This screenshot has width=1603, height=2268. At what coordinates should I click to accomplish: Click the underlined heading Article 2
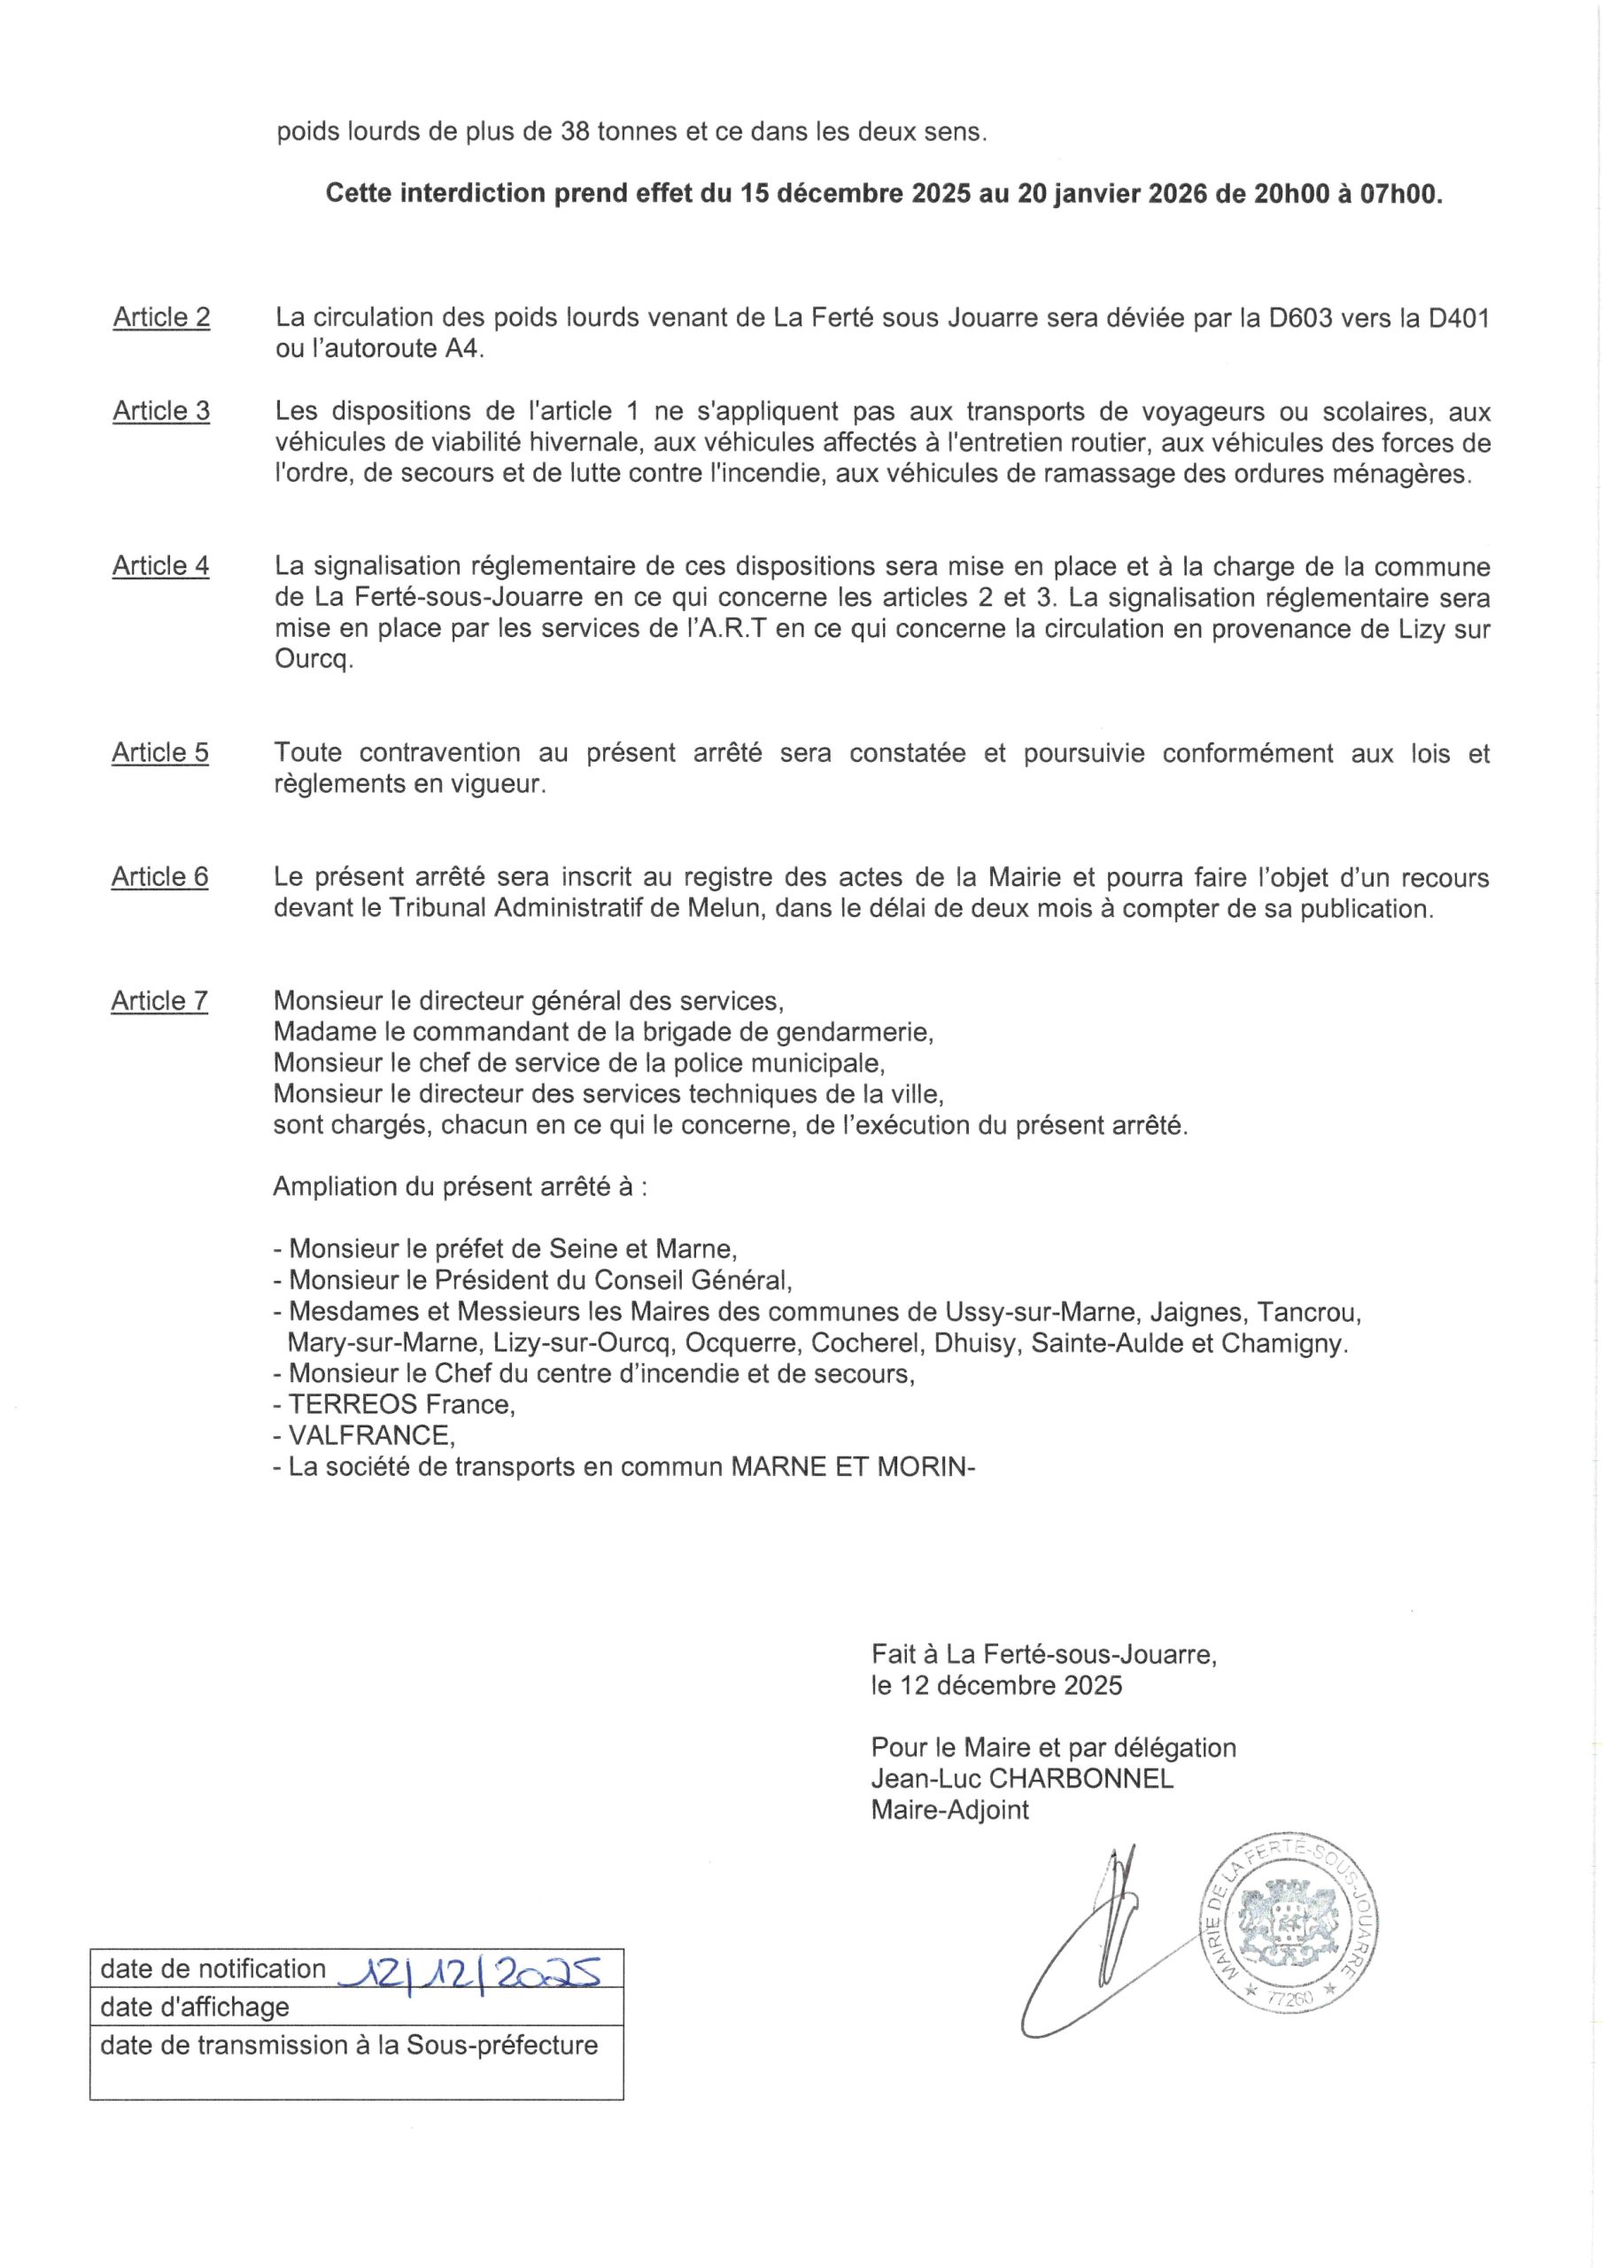point(161,317)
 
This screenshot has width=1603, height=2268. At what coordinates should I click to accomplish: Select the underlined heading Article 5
point(160,753)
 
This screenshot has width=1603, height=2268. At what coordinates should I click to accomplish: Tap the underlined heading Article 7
point(159,1002)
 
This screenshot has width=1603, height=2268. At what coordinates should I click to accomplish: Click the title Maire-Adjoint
point(949,1811)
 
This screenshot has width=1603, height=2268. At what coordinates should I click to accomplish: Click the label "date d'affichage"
point(195,2008)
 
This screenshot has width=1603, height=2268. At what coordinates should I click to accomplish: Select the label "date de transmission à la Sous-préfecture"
point(349,2045)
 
